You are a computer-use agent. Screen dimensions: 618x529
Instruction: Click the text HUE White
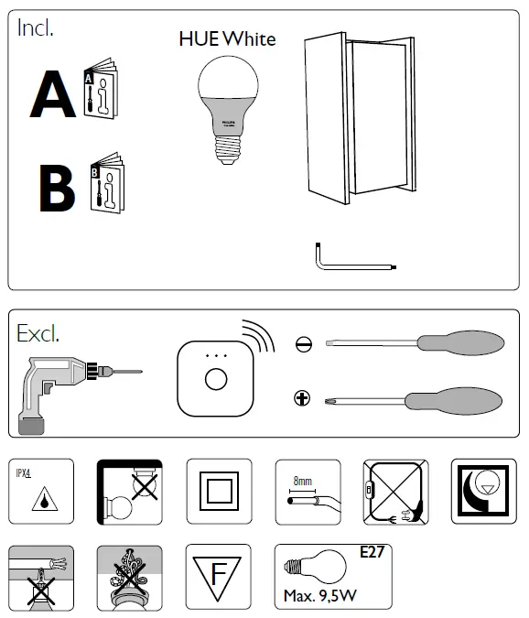coord(226,39)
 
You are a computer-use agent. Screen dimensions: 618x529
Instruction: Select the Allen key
coord(352,263)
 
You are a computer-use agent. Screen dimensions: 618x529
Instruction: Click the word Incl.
coord(36,27)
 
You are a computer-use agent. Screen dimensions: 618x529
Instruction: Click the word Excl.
coord(38,332)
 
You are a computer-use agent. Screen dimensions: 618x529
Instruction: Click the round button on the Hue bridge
coord(216,379)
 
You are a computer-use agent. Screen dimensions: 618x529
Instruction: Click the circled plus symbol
coord(303,397)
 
